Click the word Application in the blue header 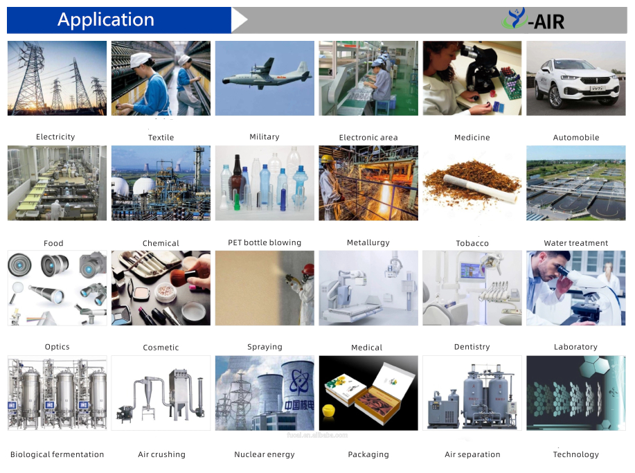[x=106, y=20]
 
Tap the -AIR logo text [x=546, y=21]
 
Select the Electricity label [x=55, y=137]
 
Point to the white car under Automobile [x=576, y=83]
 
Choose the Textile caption [x=161, y=138]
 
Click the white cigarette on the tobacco [x=481, y=188]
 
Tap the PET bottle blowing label [x=265, y=242]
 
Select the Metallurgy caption [x=368, y=242]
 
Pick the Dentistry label [x=472, y=347]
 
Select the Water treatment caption [x=576, y=243]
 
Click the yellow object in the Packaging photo [x=329, y=410]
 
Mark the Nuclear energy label [x=265, y=455]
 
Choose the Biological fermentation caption [x=57, y=455]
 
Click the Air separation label [x=472, y=455]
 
